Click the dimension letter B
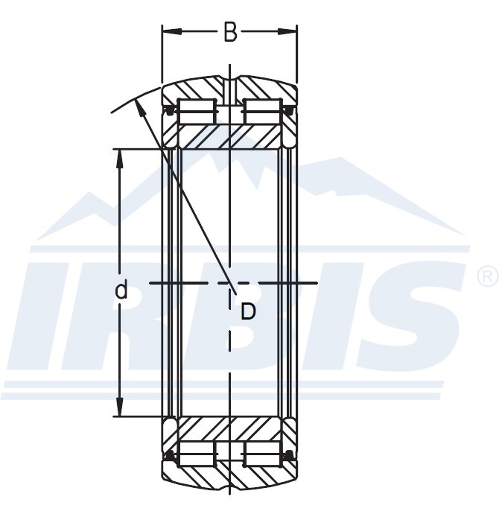(x=230, y=32)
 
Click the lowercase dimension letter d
(x=121, y=289)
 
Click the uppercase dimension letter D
(x=248, y=311)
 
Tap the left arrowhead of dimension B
(x=172, y=31)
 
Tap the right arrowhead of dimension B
(x=287, y=31)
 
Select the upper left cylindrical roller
(x=197, y=112)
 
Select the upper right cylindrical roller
(x=262, y=112)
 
